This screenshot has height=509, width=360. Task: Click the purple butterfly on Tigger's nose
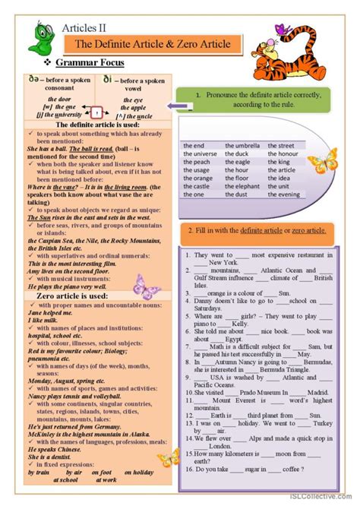click(x=283, y=30)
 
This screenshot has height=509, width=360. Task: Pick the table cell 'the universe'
click(x=201, y=153)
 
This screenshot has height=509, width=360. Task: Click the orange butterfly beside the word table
click(x=321, y=161)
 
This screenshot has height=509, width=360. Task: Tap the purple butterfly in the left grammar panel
click(x=147, y=285)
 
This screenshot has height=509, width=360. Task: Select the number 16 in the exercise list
click(x=188, y=469)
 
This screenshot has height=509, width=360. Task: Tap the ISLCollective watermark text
click(x=327, y=502)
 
